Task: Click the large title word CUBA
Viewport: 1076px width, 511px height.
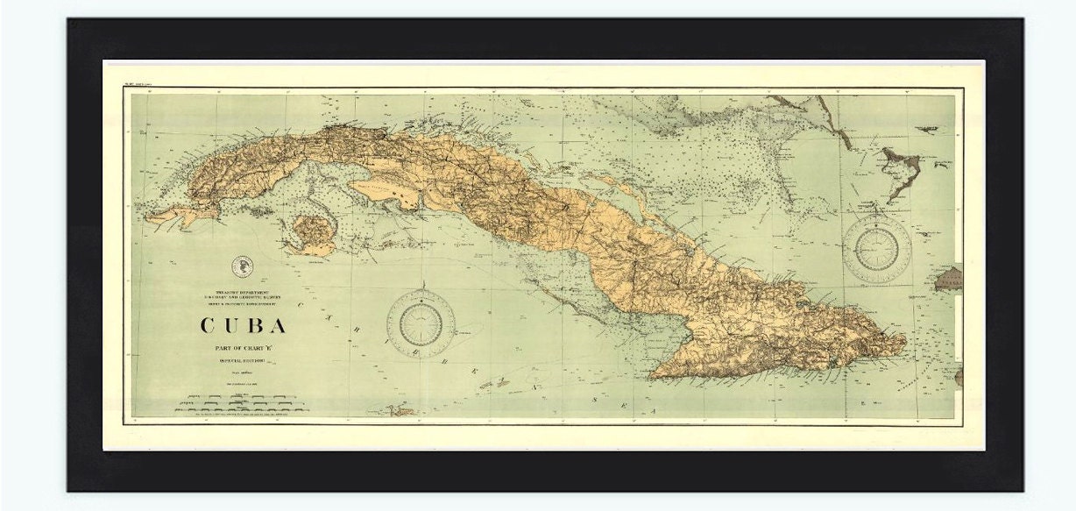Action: coord(244,325)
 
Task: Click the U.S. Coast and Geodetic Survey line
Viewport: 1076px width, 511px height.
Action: coord(243,295)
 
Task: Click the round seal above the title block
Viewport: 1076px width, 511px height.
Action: coord(242,266)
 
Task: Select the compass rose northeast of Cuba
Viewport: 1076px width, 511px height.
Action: coord(877,245)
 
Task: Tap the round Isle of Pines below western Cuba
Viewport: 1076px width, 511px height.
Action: coord(311,233)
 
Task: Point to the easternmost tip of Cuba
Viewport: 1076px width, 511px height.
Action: coord(906,342)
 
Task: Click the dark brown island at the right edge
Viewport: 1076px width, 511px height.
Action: coord(949,280)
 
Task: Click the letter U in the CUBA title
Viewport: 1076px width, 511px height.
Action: coord(230,325)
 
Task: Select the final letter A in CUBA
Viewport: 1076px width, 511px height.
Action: coord(279,325)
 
